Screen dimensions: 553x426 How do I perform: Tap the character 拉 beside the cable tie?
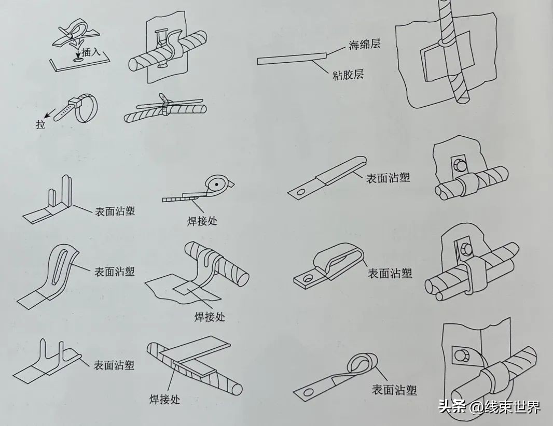point(41,125)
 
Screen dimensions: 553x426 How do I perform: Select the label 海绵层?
point(364,44)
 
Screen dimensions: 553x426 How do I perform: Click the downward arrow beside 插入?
point(76,51)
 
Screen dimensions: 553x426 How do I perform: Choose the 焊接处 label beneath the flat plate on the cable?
point(163,399)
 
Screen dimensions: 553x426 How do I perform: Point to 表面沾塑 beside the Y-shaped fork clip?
point(114,365)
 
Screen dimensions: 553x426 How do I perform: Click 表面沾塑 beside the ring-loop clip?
point(394,389)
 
